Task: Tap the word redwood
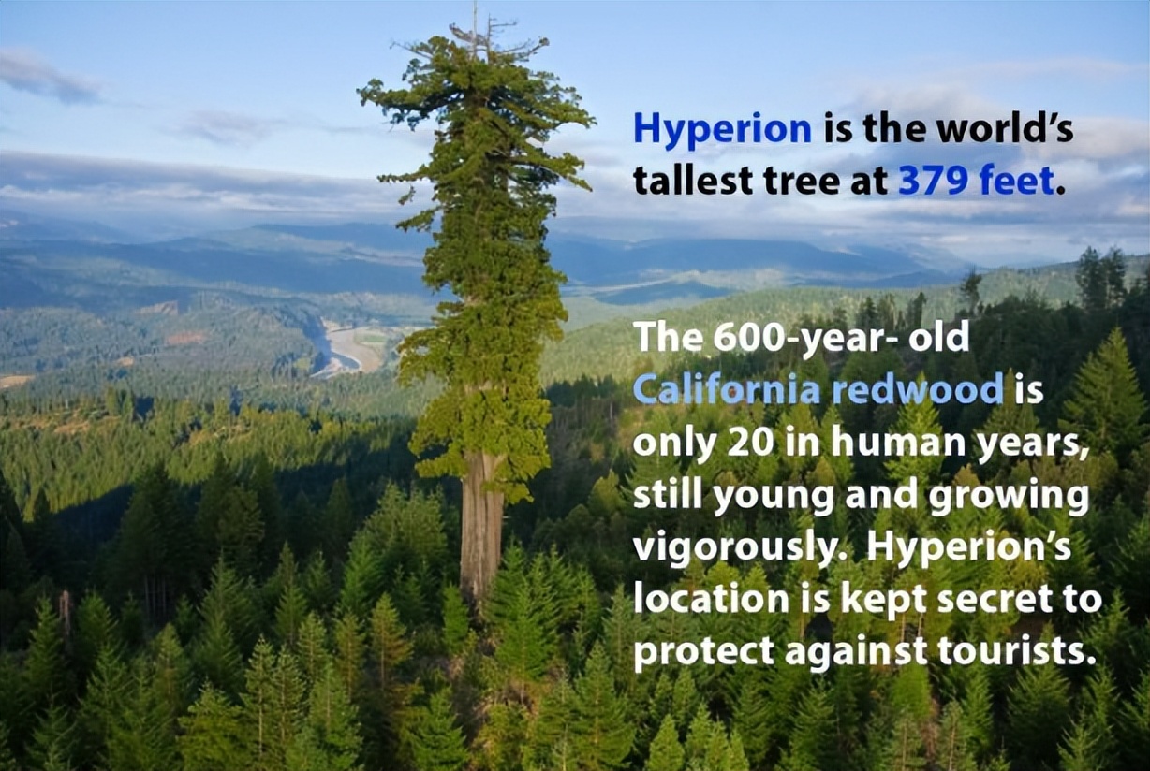click(917, 389)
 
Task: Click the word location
click(711, 599)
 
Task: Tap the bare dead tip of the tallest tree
click(475, 21)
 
